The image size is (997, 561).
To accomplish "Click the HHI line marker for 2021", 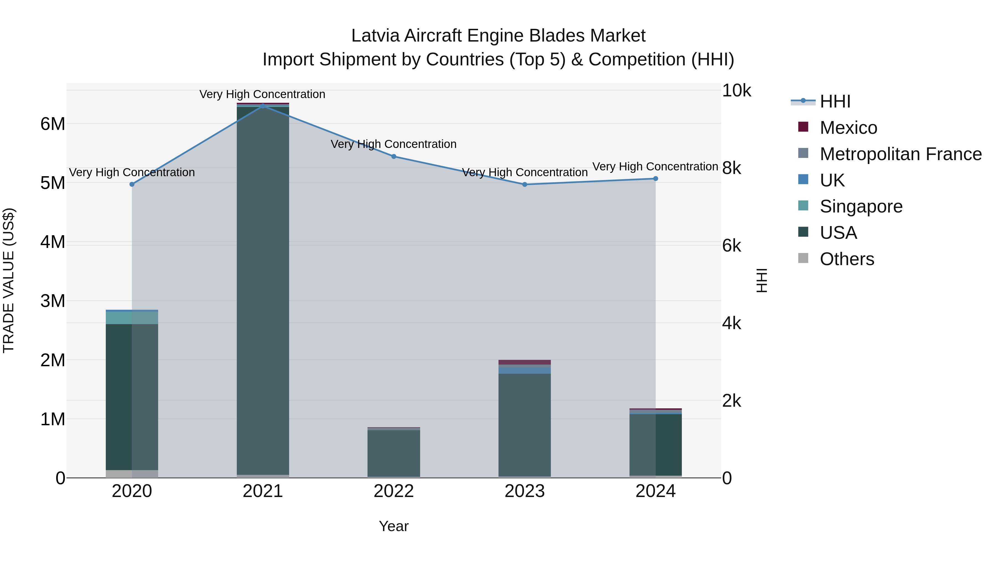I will pyautogui.click(x=263, y=106).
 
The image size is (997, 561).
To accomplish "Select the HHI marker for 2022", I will pyautogui.click(x=394, y=157).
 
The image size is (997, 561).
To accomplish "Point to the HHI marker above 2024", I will pyautogui.click(x=655, y=178).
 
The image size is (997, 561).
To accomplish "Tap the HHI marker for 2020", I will pyautogui.click(x=132, y=184).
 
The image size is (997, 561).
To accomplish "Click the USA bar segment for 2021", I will pyautogui.click(x=263, y=290).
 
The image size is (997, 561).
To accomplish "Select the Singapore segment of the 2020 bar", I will pyautogui.click(x=132, y=318).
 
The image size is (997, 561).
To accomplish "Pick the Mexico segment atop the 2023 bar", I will pyautogui.click(x=525, y=362).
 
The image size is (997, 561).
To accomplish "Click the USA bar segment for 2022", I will pyautogui.click(x=394, y=453).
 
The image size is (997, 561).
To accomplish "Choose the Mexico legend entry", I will pyautogui.click(x=848, y=128).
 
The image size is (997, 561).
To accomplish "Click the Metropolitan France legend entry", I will pyautogui.click(x=900, y=154).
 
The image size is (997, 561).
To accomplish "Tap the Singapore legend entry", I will pyautogui.click(x=860, y=206).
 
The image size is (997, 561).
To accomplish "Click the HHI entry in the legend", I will pyautogui.click(x=834, y=101).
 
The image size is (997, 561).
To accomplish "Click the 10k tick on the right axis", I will pyautogui.click(x=736, y=91).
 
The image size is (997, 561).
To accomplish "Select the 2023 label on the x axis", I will pyautogui.click(x=525, y=491).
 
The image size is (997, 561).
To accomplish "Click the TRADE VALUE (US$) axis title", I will pyautogui.click(x=9, y=280).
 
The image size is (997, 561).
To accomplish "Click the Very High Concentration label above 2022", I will pyautogui.click(x=394, y=144).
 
